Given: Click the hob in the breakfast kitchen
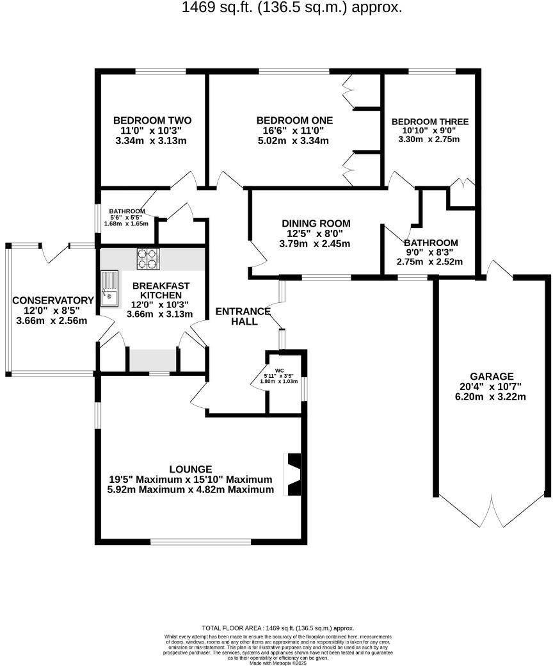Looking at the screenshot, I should (147, 258).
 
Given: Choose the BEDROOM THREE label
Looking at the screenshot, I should (429, 122).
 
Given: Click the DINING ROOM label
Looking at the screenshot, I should (316, 223).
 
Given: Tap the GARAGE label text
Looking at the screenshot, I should (492, 377).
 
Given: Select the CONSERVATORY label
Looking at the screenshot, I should (52, 300).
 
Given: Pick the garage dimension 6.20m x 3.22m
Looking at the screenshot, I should (490, 397).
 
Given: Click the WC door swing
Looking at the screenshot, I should (259, 384).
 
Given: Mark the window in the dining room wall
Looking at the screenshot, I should (326, 278).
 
